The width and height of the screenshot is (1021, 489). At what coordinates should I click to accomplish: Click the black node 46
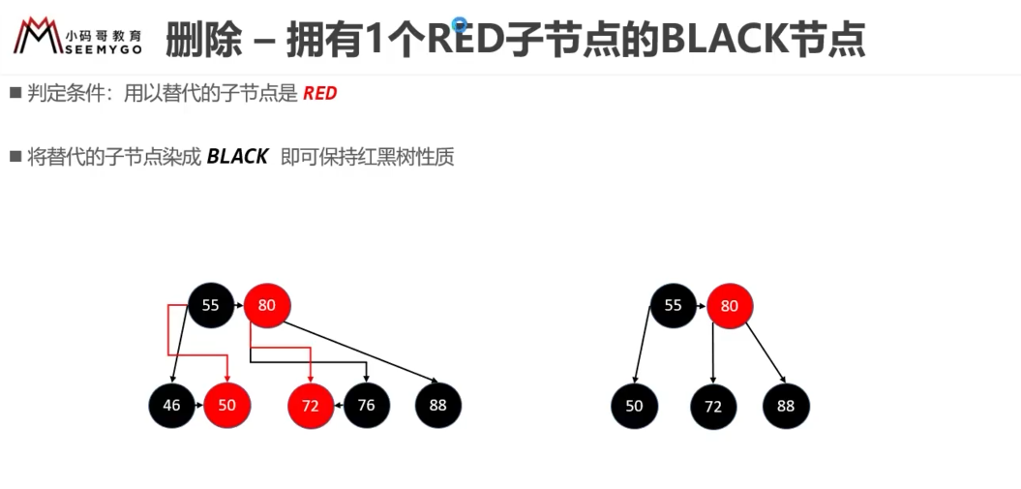[171, 405]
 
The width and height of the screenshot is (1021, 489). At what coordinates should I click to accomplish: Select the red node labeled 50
[227, 405]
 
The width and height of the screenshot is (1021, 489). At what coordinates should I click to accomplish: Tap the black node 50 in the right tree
[634, 407]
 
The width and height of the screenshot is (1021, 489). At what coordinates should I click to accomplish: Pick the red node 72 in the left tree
[311, 406]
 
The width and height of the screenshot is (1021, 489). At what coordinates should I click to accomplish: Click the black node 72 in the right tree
[713, 407]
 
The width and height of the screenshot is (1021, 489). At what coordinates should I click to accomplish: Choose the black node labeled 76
[367, 405]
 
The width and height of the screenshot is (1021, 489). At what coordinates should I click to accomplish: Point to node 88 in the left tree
[438, 405]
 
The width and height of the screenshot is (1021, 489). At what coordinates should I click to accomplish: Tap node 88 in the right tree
[786, 407]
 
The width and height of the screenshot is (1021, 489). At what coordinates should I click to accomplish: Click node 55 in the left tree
[210, 305]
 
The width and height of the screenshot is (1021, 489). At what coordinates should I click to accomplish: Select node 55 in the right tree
[674, 305]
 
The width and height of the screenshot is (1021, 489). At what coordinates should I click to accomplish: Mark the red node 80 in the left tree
[267, 305]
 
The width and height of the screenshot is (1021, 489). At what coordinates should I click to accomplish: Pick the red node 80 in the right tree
[730, 305]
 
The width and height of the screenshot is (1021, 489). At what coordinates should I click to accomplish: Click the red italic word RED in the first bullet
[319, 94]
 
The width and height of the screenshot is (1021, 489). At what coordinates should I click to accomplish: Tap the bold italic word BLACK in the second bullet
[238, 157]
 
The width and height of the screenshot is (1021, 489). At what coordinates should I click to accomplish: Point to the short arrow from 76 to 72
[340, 405]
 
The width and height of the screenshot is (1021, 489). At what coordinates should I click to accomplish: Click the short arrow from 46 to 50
[199, 405]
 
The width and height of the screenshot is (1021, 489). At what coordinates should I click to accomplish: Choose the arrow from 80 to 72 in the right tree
[713, 352]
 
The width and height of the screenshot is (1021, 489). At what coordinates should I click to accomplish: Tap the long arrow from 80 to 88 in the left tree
[361, 351]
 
